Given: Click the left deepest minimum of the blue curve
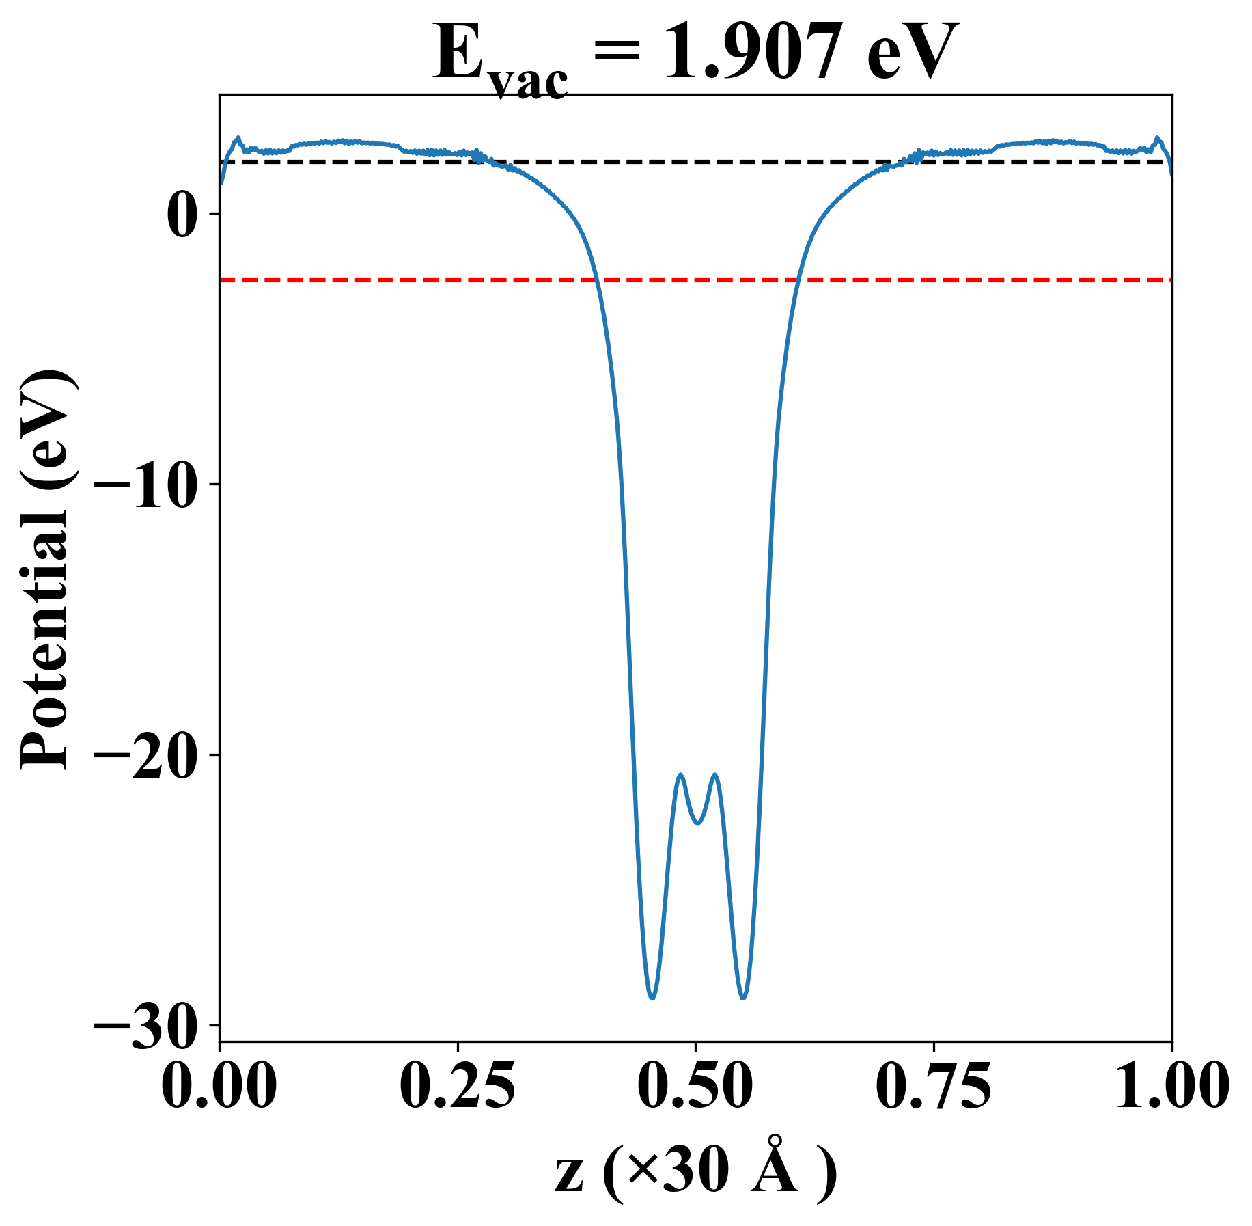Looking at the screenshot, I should coord(652,998).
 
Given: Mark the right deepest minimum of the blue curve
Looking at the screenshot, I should coord(743,998).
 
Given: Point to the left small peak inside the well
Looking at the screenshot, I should coord(680,774).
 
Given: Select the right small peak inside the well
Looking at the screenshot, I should coord(715,774).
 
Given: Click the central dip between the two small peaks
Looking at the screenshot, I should coord(697,823).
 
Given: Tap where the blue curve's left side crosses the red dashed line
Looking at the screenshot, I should coord(596,280).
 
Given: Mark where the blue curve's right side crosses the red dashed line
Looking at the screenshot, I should coord(797,280).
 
